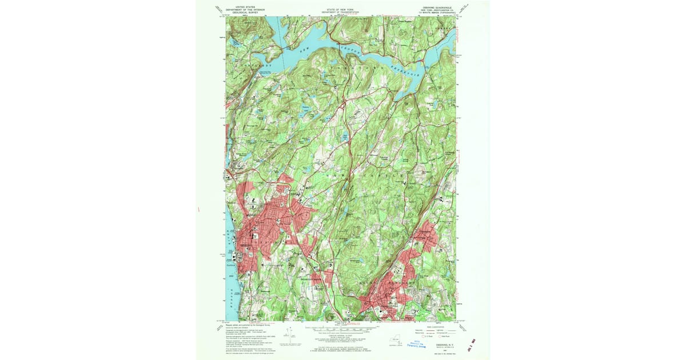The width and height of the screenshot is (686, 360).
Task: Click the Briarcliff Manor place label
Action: pos(312,279)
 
